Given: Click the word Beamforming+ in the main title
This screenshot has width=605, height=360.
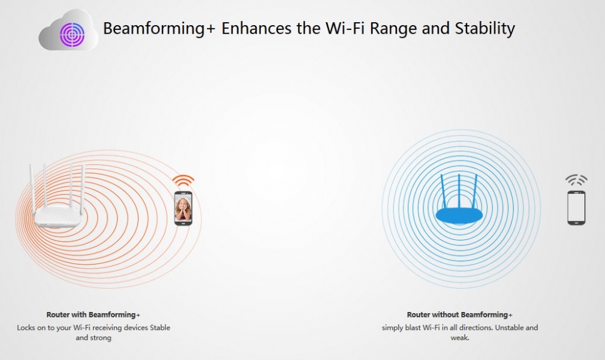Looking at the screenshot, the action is tap(159, 29).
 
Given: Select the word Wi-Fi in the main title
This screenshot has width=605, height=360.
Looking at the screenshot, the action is tap(345, 28).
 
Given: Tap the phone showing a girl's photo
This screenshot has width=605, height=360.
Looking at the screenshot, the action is tap(183, 208).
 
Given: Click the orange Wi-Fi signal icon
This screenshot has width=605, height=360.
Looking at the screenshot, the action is tap(183, 181).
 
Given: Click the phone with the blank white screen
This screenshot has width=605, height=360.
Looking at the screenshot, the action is tap(576, 208).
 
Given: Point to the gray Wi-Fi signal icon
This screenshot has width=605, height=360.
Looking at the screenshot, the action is tap(576, 180).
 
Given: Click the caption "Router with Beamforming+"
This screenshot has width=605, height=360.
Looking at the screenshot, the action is tap(94, 315).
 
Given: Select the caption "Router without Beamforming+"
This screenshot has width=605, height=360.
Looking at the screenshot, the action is tap(459, 315).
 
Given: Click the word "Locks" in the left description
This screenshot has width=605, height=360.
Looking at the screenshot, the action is tap(26, 328).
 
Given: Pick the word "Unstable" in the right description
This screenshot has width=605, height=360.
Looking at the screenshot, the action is tap(508, 328).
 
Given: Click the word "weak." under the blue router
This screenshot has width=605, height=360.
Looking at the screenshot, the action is tap(460, 338).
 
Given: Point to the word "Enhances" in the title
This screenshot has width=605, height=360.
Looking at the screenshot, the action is tap(256, 29).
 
